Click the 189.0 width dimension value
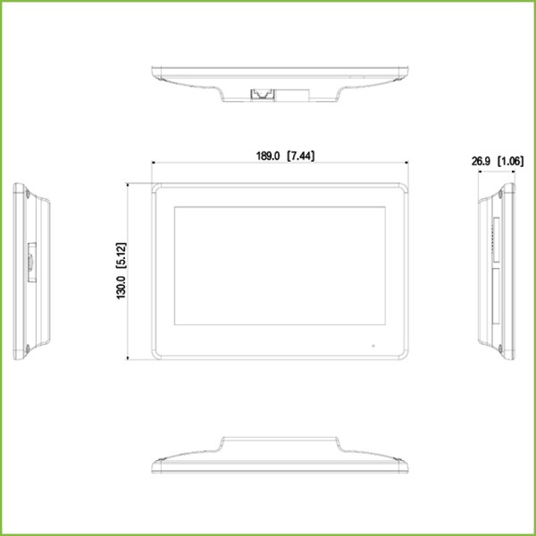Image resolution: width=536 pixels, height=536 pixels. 269,155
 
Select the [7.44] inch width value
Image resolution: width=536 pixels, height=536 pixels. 301,155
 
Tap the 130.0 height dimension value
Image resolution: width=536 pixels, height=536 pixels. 121,288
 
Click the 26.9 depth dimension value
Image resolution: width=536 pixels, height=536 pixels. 482,162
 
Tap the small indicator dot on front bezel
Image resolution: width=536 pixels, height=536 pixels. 373,342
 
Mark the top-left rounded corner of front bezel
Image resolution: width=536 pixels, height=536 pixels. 156,188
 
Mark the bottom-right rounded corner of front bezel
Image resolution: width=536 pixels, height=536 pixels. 405,355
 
